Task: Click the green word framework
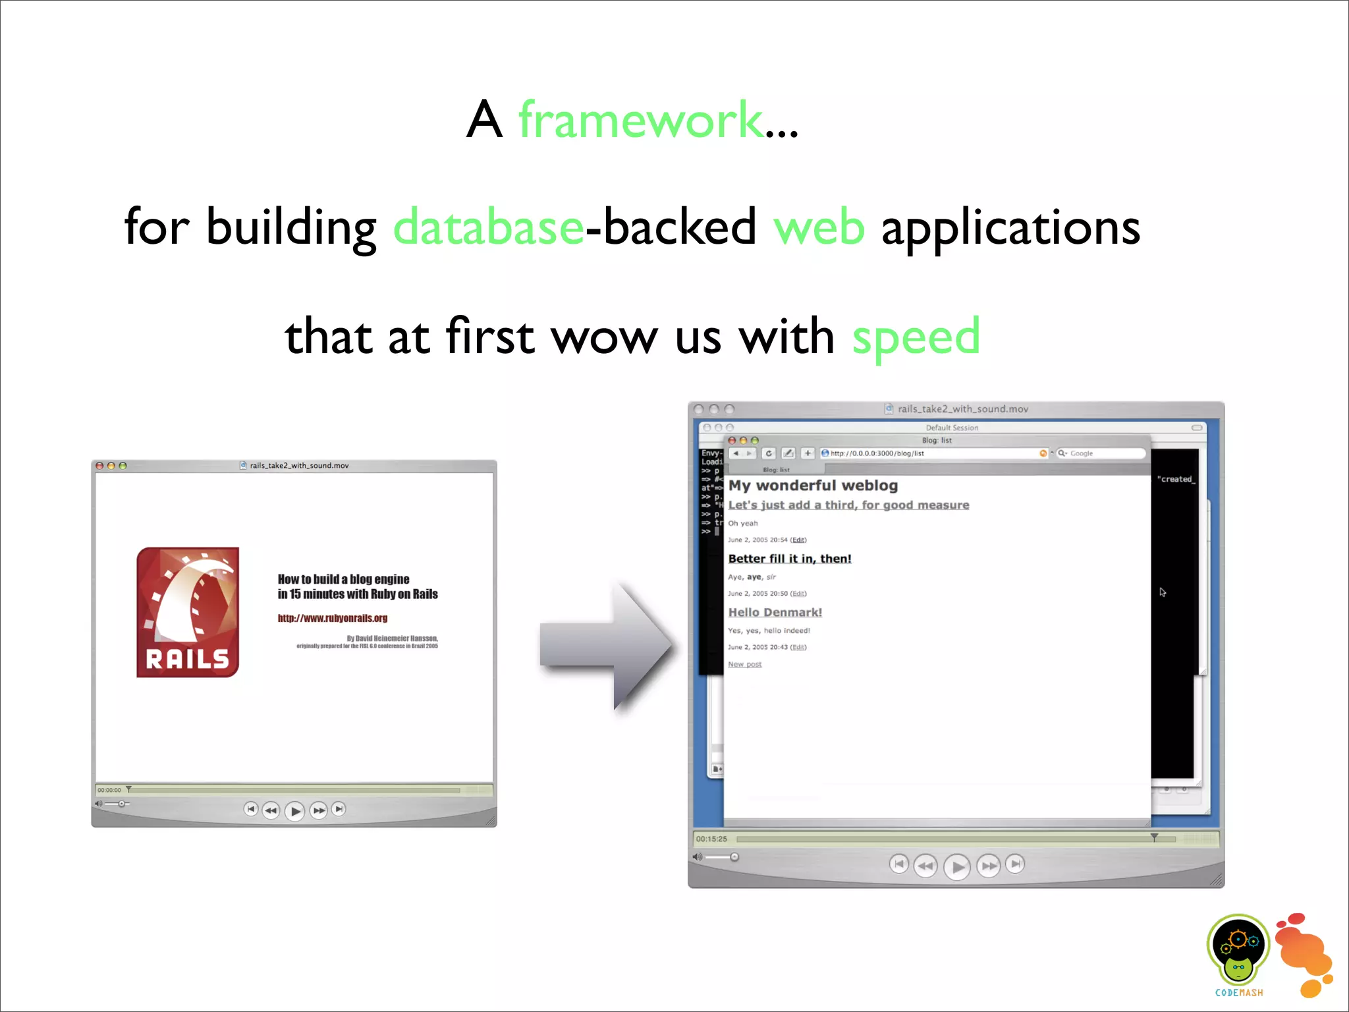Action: [641, 120]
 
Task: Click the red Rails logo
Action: [188, 612]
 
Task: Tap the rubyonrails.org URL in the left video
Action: [333, 618]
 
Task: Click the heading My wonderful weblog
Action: [813, 486]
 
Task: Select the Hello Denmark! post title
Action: [775, 612]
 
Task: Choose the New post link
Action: [744, 664]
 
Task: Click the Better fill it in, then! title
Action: [790, 559]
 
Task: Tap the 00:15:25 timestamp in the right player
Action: [711, 839]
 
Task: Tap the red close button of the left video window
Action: [99, 466]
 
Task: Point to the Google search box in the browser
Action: [1101, 453]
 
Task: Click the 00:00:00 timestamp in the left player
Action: [109, 790]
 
